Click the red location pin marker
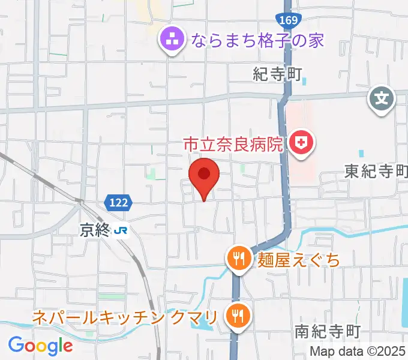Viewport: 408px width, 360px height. pos(204,175)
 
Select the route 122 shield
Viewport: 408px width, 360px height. pos(119,203)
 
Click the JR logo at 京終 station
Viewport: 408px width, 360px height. pos(122,229)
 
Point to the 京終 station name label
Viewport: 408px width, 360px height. pos(95,229)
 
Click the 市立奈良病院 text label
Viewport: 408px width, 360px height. pos(232,143)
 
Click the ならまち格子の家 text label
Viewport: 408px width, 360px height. pos(257,40)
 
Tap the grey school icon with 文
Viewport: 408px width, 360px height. pos(382,96)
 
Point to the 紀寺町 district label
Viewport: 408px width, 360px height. pos(276,74)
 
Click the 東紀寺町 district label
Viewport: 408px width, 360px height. pos(376,172)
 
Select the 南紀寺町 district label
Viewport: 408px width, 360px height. pos(327,331)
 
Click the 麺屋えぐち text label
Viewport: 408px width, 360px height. pos(298,260)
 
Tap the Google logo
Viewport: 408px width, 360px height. pos(40,345)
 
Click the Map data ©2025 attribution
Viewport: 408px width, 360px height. pos(358,352)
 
